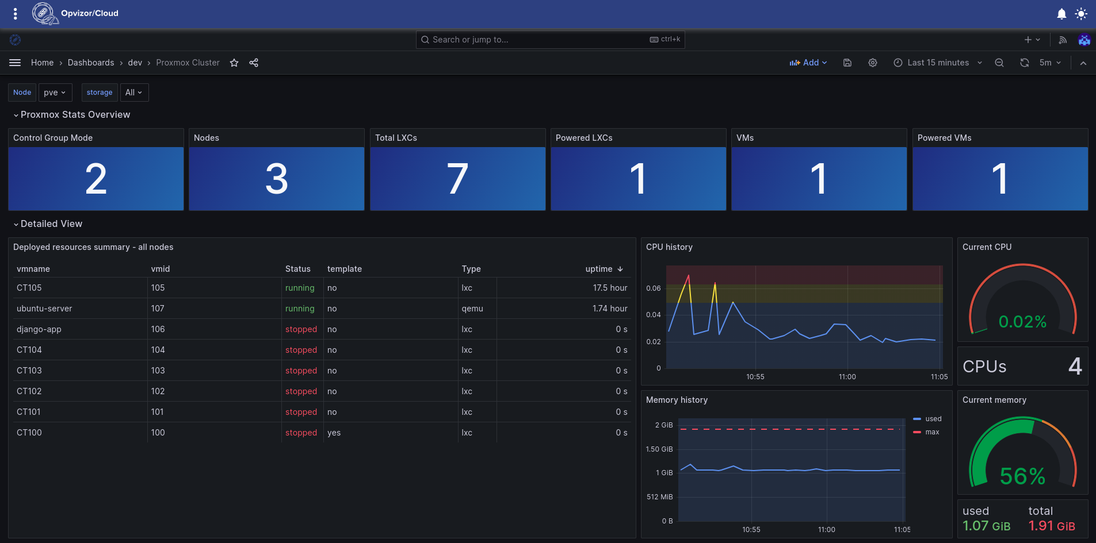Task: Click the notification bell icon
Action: click(1061, 14)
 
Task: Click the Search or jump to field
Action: click(550, 40)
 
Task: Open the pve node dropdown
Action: click(55, 93)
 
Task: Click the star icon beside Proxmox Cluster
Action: click(234, 63)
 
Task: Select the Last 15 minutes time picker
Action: click(938, 63)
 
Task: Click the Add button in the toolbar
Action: click(808, 63)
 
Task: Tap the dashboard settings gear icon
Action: click(873, 63)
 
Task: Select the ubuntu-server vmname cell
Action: click(44, 309)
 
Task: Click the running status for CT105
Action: click(300, 288)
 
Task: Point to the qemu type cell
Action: click(472, 309)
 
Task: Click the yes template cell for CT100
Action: click(334, 433)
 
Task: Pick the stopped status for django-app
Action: click(301, 329)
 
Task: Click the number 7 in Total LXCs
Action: click(457, 179)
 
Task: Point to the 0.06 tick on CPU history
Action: click(654, 288)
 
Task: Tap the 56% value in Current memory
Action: click(1022, 476)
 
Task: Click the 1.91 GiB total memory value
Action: click(1052, 526)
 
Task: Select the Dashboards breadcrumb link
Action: click(91, 63)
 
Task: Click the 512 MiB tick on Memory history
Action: click(660, 497)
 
